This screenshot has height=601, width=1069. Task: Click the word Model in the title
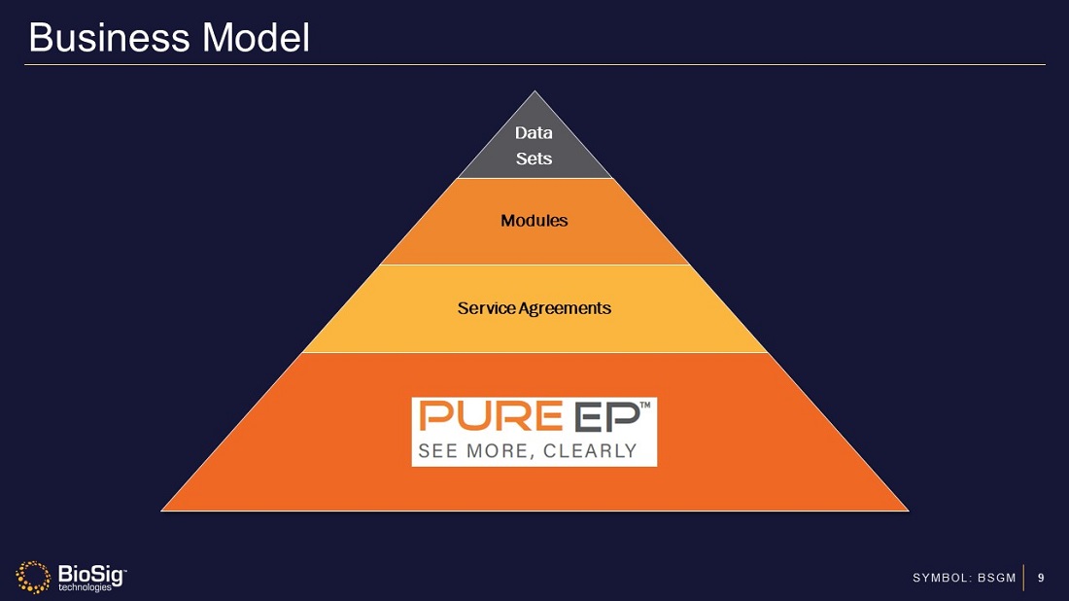(256, 38)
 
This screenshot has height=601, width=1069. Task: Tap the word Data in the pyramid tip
(534, 133)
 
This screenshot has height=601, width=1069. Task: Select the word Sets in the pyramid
(534, 159)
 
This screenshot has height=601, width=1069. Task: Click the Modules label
(534, 221)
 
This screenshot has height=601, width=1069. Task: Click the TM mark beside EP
(646, 407)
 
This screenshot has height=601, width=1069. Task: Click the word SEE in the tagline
(436, 451)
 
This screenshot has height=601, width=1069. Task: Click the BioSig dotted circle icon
(33, 577)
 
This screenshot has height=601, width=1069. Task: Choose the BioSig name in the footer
(87, 573)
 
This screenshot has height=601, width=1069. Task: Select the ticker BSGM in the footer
(996, 579)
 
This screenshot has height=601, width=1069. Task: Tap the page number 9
(1041, 579)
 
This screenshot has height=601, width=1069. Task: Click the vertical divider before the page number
(1024, 578)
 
